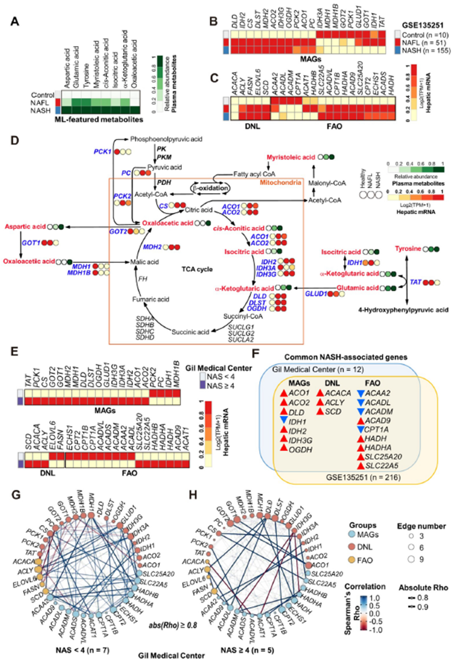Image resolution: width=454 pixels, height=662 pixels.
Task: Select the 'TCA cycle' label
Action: click(x=197, y=269)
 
